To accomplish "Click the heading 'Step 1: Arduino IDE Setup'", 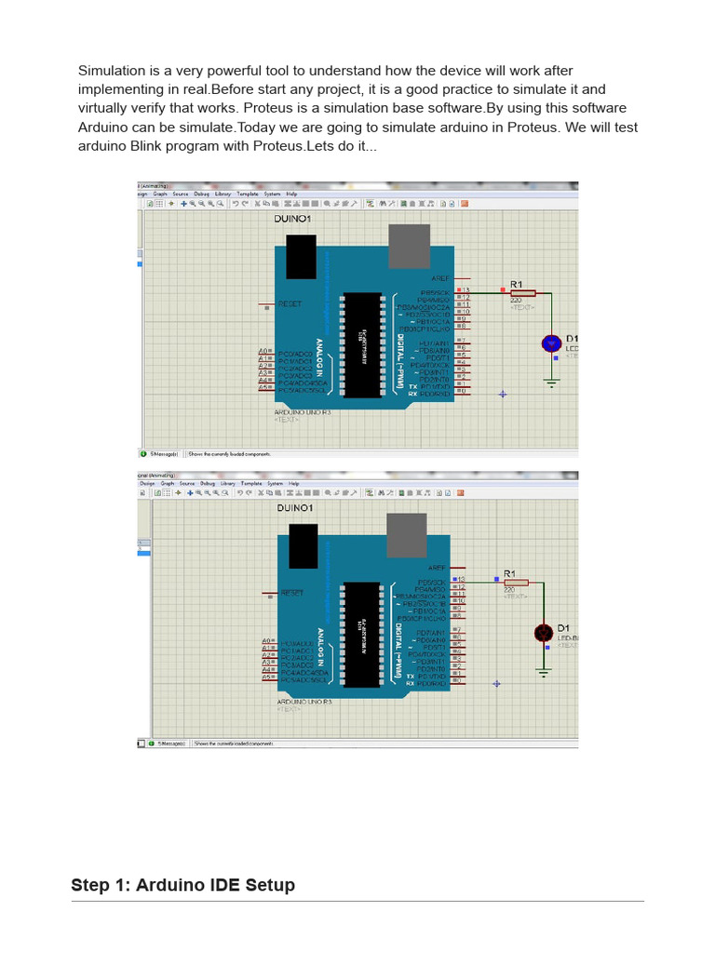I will [182, 885].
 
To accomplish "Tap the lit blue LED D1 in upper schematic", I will [550, 343].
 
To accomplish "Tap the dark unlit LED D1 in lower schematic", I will [544, 633].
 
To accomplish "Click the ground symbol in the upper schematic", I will [551, 382].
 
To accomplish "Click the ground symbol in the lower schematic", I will [544, 669].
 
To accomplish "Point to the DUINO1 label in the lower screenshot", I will [294, 508].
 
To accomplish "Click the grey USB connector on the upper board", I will [409, 246].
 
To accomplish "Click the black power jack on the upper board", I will [301, 257].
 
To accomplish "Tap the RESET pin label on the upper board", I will [290, 304].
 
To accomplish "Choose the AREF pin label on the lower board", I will [438, 568].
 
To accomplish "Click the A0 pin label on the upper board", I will [264, 352].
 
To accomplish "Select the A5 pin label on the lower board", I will [266, 678].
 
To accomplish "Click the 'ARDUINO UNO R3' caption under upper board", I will [303, 411].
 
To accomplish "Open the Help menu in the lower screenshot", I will [293, 484].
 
